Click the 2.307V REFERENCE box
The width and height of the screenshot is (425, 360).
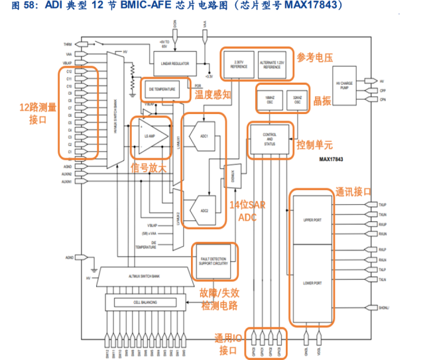tap(238, 64)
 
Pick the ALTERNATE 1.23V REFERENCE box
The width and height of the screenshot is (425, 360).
tap(272, 64)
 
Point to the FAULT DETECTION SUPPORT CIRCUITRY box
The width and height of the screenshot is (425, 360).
tap(213, 260)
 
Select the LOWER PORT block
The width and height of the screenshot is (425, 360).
tap(311, 283)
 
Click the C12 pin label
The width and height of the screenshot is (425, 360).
tap(68, 71)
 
